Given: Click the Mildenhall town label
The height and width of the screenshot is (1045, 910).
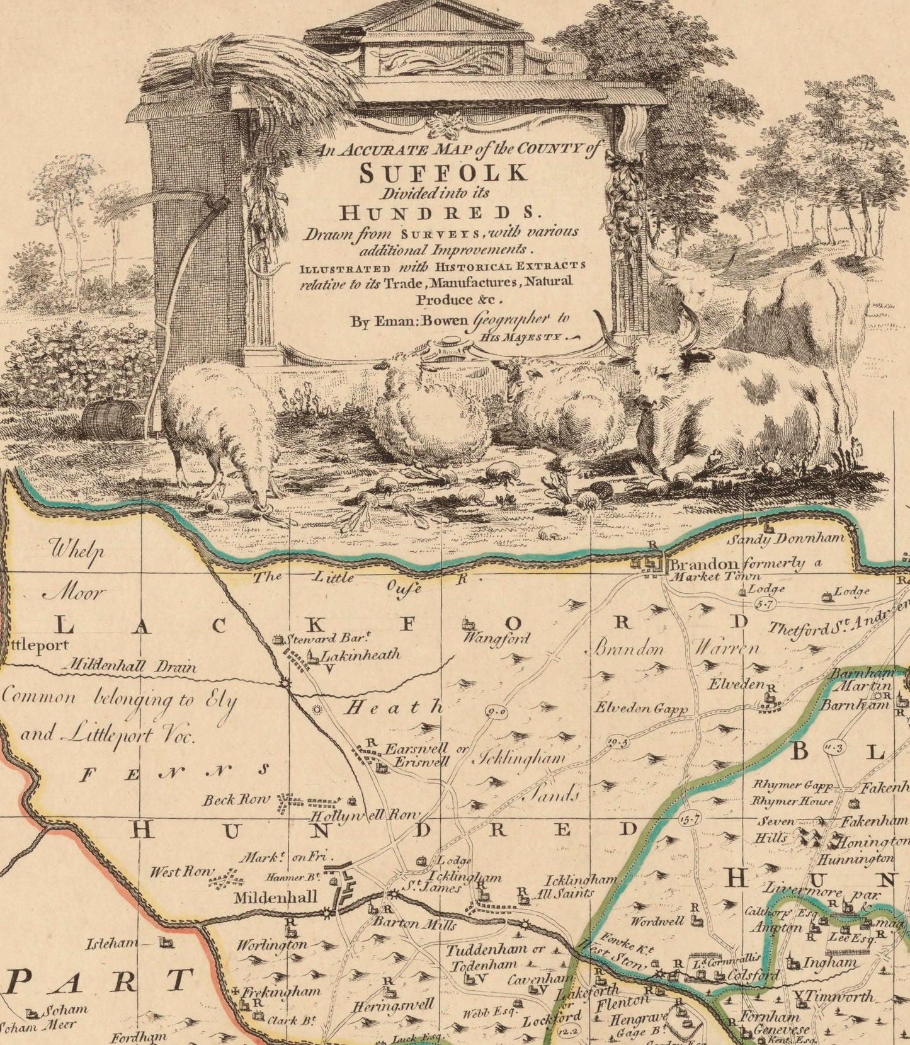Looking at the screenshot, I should pos(275,898).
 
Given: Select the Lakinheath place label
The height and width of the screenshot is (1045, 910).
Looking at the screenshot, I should pos(361,655).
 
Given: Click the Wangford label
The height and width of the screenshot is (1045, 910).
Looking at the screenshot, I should pos(497,638).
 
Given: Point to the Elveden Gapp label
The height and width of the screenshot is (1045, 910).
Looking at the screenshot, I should pos(641,707).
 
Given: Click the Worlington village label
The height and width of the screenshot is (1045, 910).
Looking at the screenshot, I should pos(272,944).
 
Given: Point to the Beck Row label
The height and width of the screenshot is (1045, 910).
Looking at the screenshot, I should pos(236,801).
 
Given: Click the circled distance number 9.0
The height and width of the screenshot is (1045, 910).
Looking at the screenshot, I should pos(497,712).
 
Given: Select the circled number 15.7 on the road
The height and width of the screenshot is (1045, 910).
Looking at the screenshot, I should pos(690,819).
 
